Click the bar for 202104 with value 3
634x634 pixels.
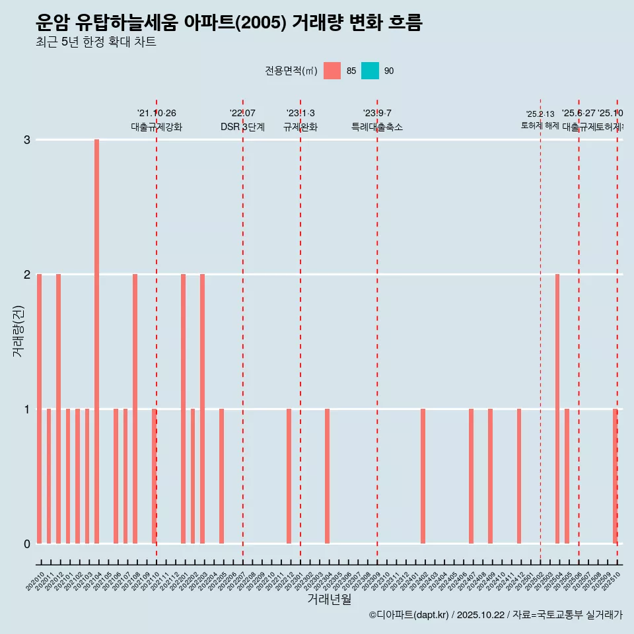click(x=96, y=341)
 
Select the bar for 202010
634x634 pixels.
click(x=40, y=408)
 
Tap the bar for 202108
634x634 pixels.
click(x=135, y=408)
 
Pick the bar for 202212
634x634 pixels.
click(x=289, y=475)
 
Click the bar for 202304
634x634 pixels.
click(x=327, y=475)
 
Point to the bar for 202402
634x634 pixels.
click(x=423, y=475)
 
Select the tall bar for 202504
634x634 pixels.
click(x=557, y=408)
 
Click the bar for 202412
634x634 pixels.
click(x=519, y=475)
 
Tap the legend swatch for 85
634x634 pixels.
click(x=332, y=71)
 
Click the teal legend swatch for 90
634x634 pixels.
click(x=370, y=71)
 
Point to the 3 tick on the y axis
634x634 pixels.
click(x=27, y=140)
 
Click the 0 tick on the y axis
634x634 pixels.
click(x=27, y=544)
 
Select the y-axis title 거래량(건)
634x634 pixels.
click(x=18, y=331)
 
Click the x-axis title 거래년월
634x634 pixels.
click(x=329, y=599)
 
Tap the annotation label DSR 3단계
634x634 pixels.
click(x=242, y=127)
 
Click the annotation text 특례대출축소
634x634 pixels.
click(x=376, y=127)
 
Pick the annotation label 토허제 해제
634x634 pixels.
click(x=540, y=125)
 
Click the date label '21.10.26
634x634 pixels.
click(x=157, y=114)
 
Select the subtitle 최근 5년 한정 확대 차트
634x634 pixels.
click(x=96, y=43)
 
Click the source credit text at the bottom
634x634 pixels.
click(x=495, y=616)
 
